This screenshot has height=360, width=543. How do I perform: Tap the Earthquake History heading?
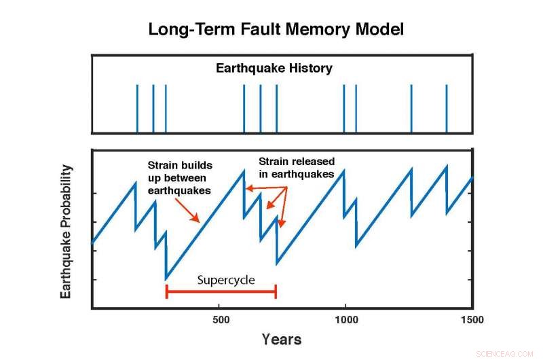tap(274, 68)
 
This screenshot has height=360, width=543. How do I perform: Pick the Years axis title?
tap(281, 339)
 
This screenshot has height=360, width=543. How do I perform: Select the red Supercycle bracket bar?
tap(221, 291)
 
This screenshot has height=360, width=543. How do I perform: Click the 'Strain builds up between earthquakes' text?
tap(179, 177)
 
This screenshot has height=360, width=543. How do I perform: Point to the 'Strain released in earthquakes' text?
tap(296, 168)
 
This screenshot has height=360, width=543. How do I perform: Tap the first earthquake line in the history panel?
tap(137, 109)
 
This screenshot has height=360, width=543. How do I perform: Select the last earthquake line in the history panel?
tap(446, 109)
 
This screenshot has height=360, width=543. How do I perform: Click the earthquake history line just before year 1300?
tap(411, 109)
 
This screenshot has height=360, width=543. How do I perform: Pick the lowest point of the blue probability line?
tap(166, 278)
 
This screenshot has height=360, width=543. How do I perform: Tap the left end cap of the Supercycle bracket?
tap(167, 291)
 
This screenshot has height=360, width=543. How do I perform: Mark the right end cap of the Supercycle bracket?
tap(276, 291)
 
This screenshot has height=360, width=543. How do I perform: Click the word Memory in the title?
tap(316, 30)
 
